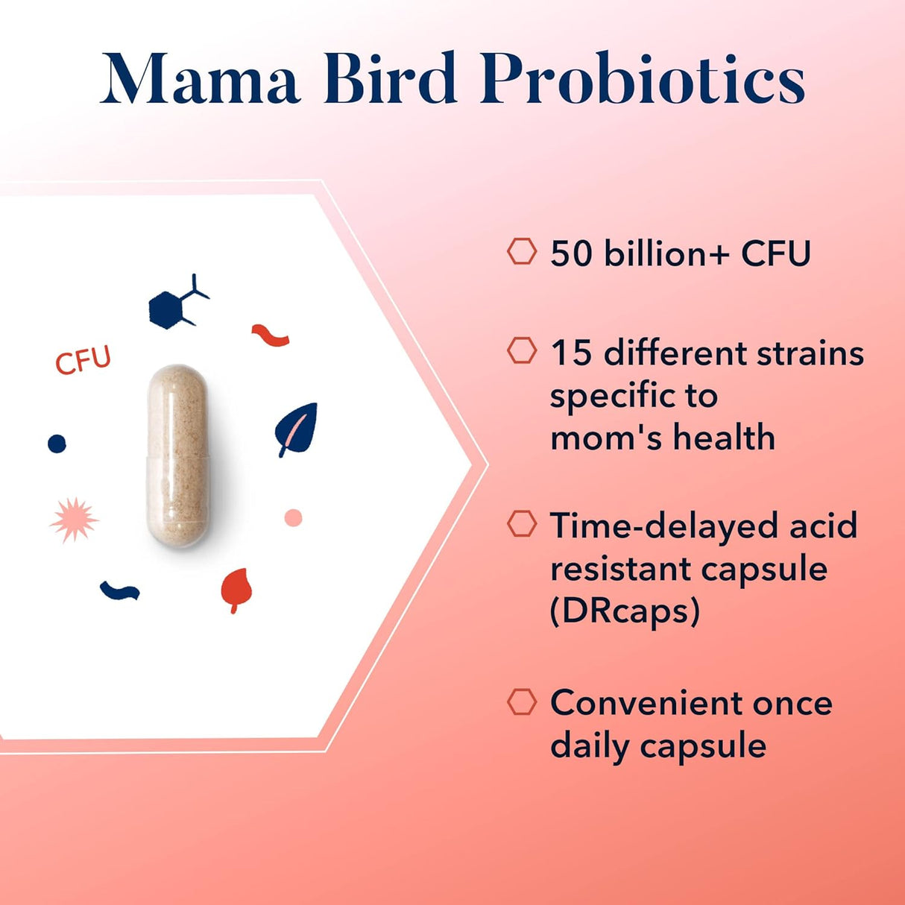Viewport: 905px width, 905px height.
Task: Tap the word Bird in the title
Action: click(x=390, y=79)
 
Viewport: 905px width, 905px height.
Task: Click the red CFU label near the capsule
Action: click(x=83, y=361)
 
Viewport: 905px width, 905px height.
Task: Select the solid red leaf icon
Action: click(x=236, y=588)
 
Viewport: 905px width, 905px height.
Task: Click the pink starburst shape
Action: click(x=73, y=520)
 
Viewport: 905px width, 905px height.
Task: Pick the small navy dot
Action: click(x=57, y=444)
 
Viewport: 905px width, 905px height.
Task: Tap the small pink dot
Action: click(x=294, y=517)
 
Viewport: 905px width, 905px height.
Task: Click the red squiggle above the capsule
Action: click(x=270, y=336)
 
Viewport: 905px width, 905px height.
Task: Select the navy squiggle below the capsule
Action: click(x=119, y=591)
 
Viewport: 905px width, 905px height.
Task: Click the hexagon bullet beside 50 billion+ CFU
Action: click(x=522, y=251)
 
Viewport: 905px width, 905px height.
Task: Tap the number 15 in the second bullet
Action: click(x=571, y=353)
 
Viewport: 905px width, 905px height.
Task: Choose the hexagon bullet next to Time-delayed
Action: click(x=522, y=524)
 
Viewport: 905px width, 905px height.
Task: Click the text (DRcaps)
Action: click(x=625, y=611)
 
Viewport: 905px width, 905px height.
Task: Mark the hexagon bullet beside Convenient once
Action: click(x=522, y=701)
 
